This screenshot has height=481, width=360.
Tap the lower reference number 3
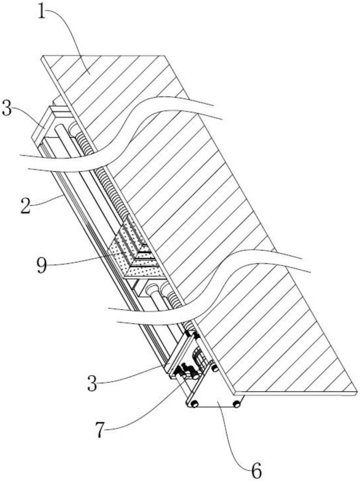point(92,383)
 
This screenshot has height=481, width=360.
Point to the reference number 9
point(42,265)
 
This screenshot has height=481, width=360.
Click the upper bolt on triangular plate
point(214,367)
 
